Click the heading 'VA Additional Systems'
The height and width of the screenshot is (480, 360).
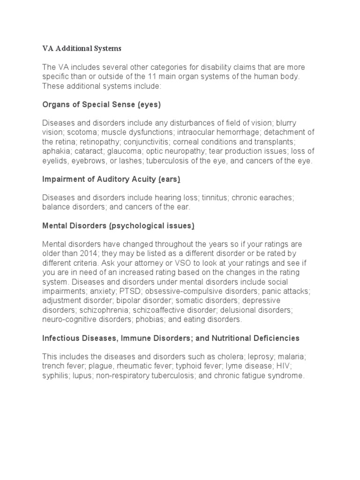82,48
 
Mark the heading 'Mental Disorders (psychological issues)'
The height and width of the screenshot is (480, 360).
118,225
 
